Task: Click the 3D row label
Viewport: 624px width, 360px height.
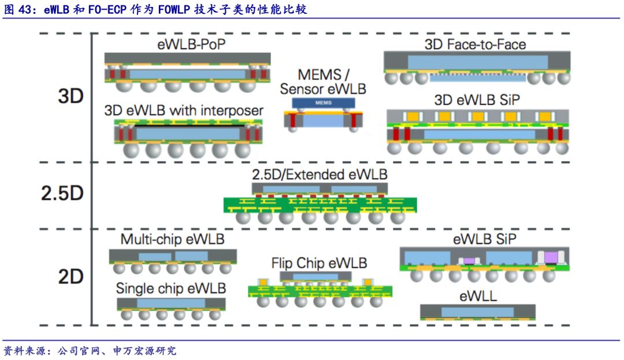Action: [70, 96]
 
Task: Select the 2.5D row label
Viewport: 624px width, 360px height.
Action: [62, 193]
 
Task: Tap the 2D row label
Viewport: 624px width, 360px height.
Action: [70, 277]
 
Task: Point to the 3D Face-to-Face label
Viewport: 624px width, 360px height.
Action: [475, 44]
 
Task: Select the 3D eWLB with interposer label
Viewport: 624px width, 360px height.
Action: [184, 110]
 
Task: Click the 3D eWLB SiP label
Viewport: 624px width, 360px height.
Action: [477, 99]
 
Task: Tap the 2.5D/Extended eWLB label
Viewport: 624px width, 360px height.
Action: [320, 174]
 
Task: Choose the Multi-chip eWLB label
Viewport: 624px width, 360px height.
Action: [172, 239]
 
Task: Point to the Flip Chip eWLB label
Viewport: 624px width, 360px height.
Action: [319, 263]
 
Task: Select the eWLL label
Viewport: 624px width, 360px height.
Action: [478, 297]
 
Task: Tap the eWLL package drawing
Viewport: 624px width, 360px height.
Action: [477, 312]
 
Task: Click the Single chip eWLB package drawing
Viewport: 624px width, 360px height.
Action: [170, 306]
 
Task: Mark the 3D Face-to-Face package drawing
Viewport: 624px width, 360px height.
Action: [476, 66]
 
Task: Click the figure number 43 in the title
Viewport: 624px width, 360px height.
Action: [27, 9]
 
